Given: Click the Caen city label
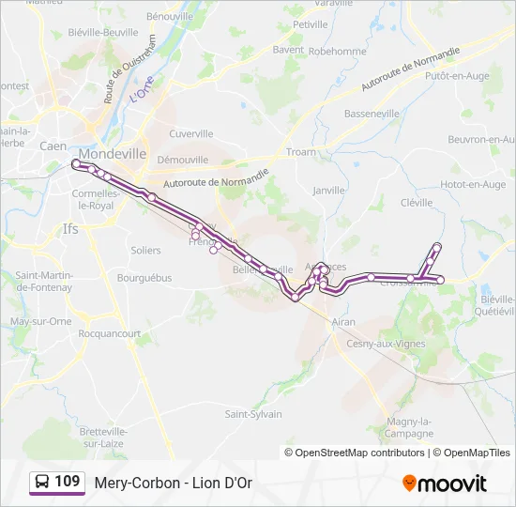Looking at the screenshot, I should (53, 146).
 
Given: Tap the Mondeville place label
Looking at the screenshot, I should (113, 153).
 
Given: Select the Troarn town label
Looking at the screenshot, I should (301, 151).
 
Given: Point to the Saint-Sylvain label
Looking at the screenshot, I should (253, 414).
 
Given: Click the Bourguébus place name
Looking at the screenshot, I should (144, 278).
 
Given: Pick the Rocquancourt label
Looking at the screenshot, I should (110, 333).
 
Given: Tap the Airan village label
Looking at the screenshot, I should (343, 321).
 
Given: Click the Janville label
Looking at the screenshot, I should (329, 190).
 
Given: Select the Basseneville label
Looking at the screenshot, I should (372, 114).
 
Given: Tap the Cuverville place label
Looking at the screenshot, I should (191, 134).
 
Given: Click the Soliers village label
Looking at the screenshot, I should (145, 251).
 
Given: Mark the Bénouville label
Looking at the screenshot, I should (169, 16).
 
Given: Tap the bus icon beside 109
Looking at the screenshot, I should (41, 483).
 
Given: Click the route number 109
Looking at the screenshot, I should (67, 482).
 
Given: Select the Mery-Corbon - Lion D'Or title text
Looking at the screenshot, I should (174, 483).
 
